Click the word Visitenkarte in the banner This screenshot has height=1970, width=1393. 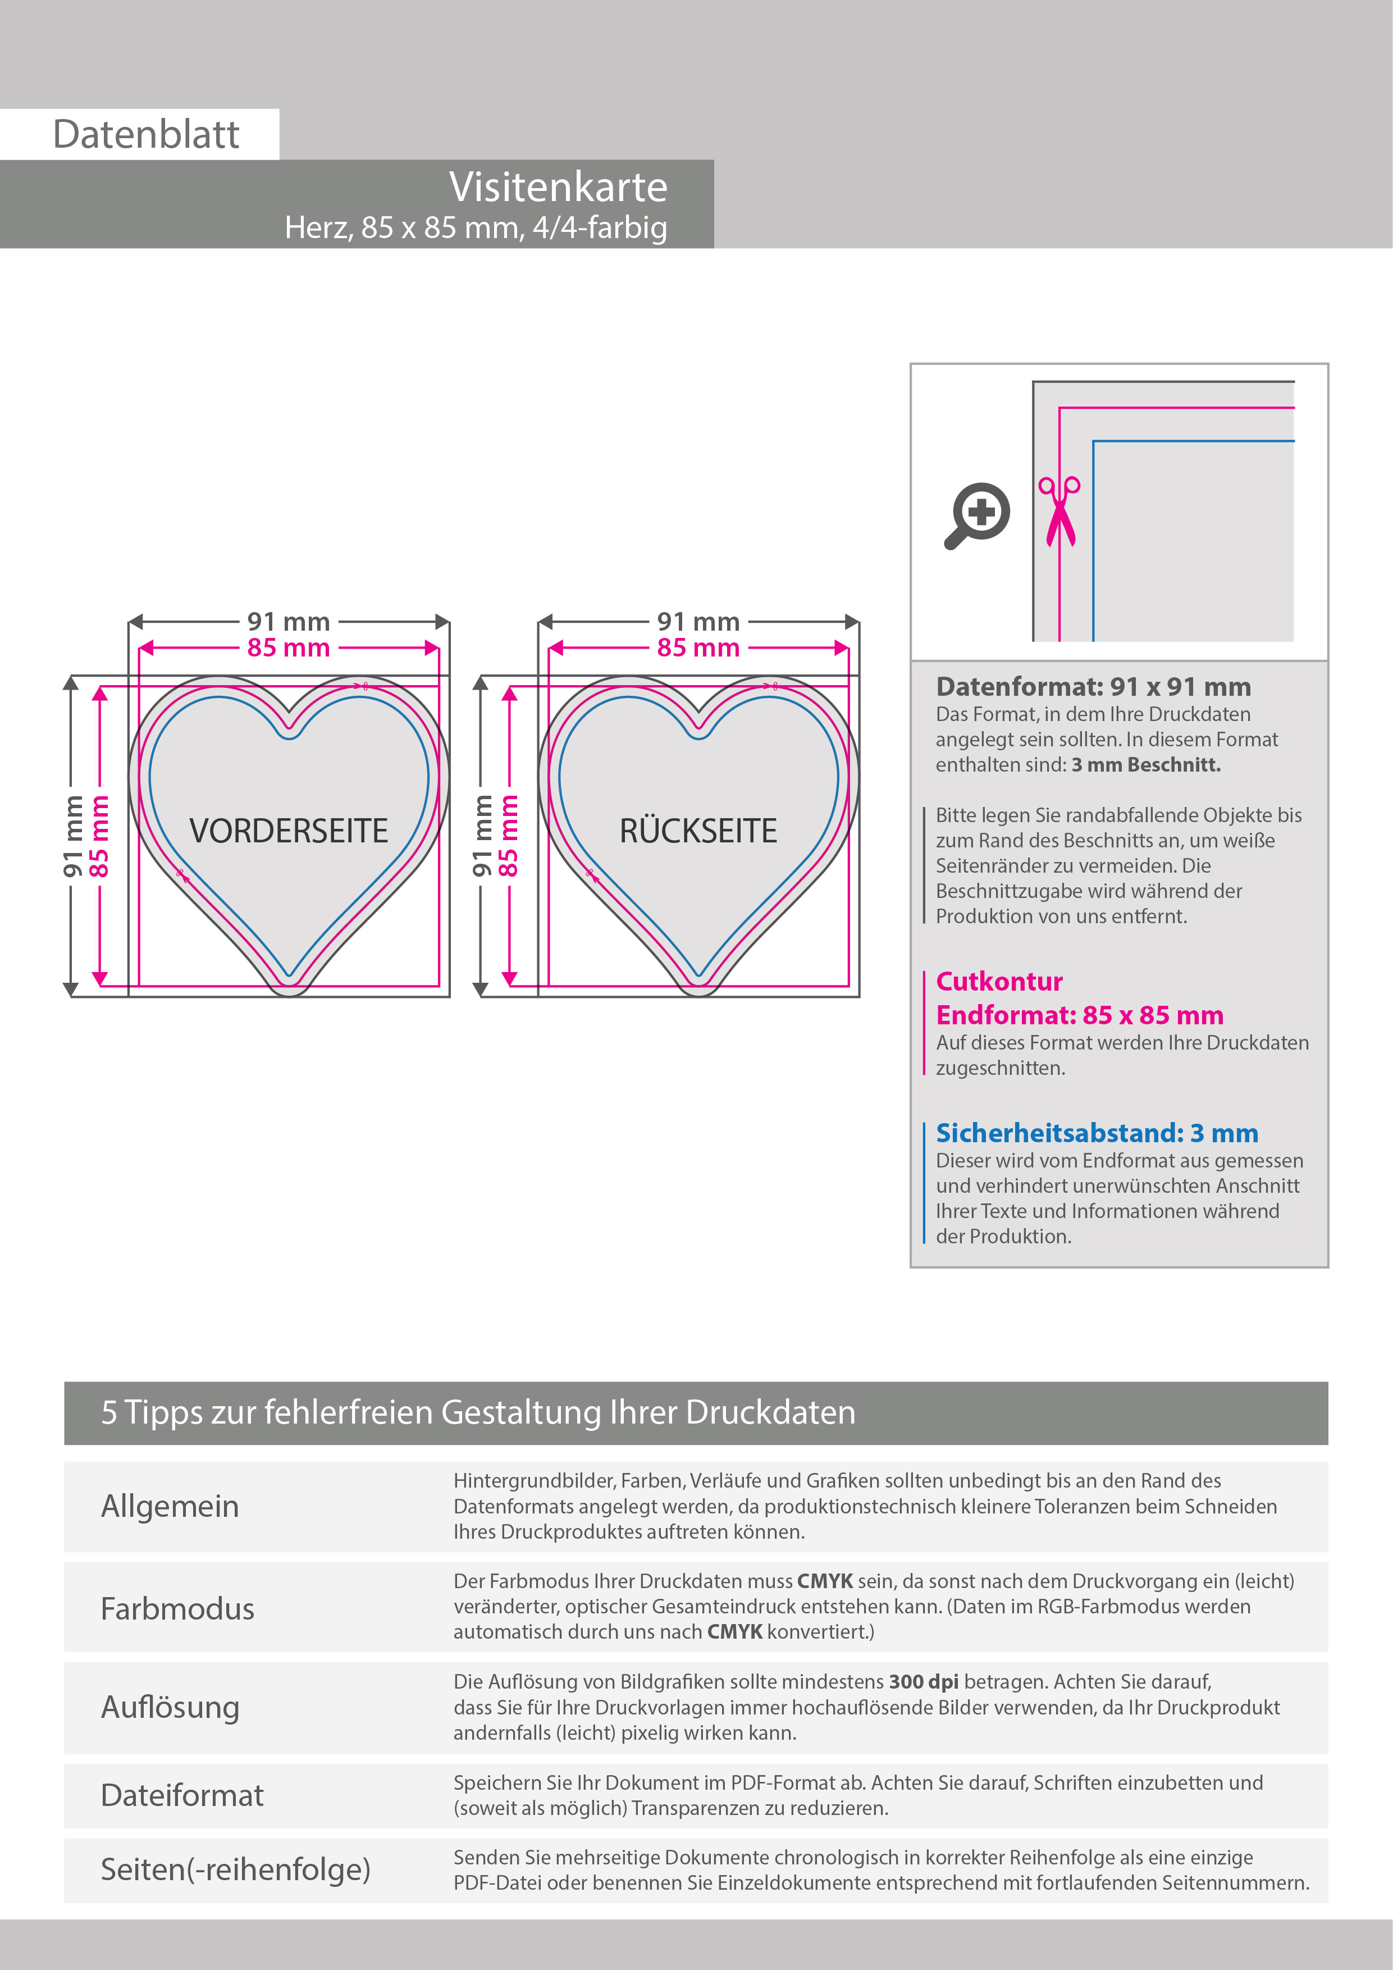point(558,187)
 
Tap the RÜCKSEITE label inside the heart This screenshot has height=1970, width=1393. point(698,831)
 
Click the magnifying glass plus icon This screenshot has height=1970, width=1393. point(979,515)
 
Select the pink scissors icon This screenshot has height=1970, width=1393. point(1059,512)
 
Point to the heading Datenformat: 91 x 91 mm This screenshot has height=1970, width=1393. point(1093,686)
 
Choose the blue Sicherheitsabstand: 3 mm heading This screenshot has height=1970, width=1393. point(1096,1133)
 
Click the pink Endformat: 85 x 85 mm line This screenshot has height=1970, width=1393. point(1079,1015)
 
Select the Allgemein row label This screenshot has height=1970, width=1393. point(170,1506)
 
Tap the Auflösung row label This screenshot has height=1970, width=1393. point(170,1707)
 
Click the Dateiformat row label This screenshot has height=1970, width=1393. point(182,1795)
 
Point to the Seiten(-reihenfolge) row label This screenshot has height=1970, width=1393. point(235,1869)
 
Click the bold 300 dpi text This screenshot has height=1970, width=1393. point(923,1682)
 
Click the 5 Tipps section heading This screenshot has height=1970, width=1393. point(478,1412)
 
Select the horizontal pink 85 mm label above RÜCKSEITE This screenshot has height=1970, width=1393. point(698,648)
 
